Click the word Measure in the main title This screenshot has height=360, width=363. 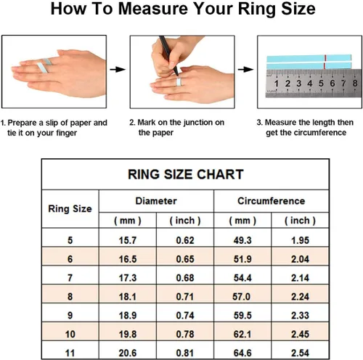click(x=153, y=9)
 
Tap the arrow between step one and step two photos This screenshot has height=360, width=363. click(x=118, y=70)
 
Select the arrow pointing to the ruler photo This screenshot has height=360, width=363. click(x=245, y=70)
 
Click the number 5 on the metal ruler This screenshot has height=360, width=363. click(x=321, y=83)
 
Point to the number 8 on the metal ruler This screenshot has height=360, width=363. click(x=355, y=83)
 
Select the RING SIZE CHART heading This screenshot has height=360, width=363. click(x=185, y=174)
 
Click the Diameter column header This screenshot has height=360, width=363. click(x=156, y=201)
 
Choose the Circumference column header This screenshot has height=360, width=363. click(x=272, y=201)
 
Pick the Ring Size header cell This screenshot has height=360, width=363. click(x=70, y=209)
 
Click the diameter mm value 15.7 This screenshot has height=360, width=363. click(x=128, y=240)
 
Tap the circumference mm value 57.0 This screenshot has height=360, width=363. click(x=241, y=297)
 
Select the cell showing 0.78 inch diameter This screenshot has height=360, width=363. click(x=185, y=335)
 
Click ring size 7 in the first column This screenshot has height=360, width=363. click(x=70, y=278)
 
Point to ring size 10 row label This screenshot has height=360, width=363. click(x=70, y=335)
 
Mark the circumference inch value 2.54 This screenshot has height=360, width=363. click(x=300, y=353)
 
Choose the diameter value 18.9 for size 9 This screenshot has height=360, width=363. click(x=128, y=316)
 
